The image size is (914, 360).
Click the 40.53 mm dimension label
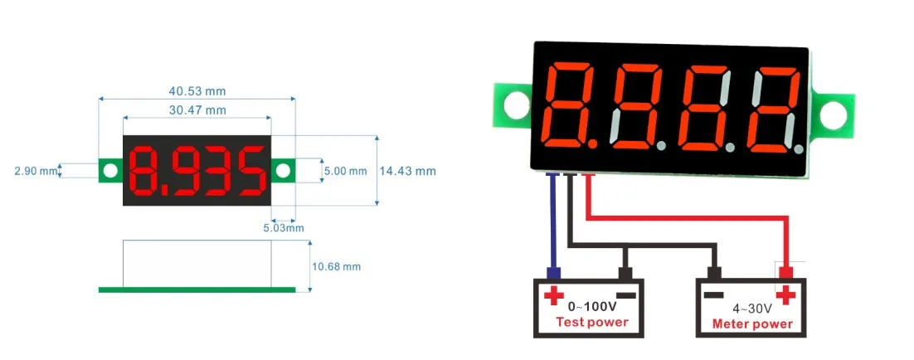tap(197, 90)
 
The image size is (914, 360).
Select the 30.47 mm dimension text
tap(197, 109)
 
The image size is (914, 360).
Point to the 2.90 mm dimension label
tap(36, 171)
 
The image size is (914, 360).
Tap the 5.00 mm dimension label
tap(344, 171)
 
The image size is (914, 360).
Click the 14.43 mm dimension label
tap(407, 171)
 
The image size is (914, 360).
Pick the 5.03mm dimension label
tap(284, 227)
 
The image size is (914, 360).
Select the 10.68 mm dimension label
tap(337, 266)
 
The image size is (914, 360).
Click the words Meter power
tap(752, 324)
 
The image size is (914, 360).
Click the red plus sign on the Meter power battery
tap(785, 294)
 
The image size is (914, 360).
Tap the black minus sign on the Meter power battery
tap(713, 294)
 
